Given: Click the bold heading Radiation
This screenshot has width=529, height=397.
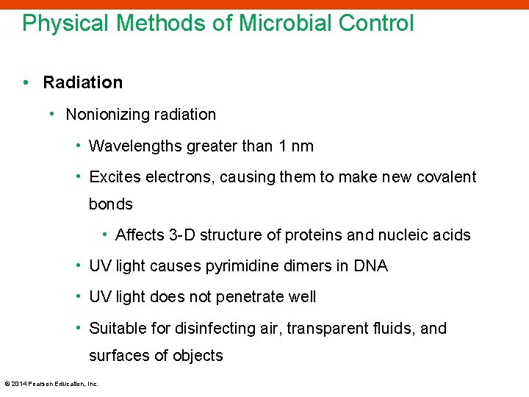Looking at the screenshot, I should tap(83, 82).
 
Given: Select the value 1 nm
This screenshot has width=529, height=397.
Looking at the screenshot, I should tap(296, 146).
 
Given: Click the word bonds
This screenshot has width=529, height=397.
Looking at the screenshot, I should tap(111, 204).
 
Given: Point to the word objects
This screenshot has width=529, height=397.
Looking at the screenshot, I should tap(198, 356).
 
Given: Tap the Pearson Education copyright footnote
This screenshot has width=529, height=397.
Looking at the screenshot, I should tap(51, 383).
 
